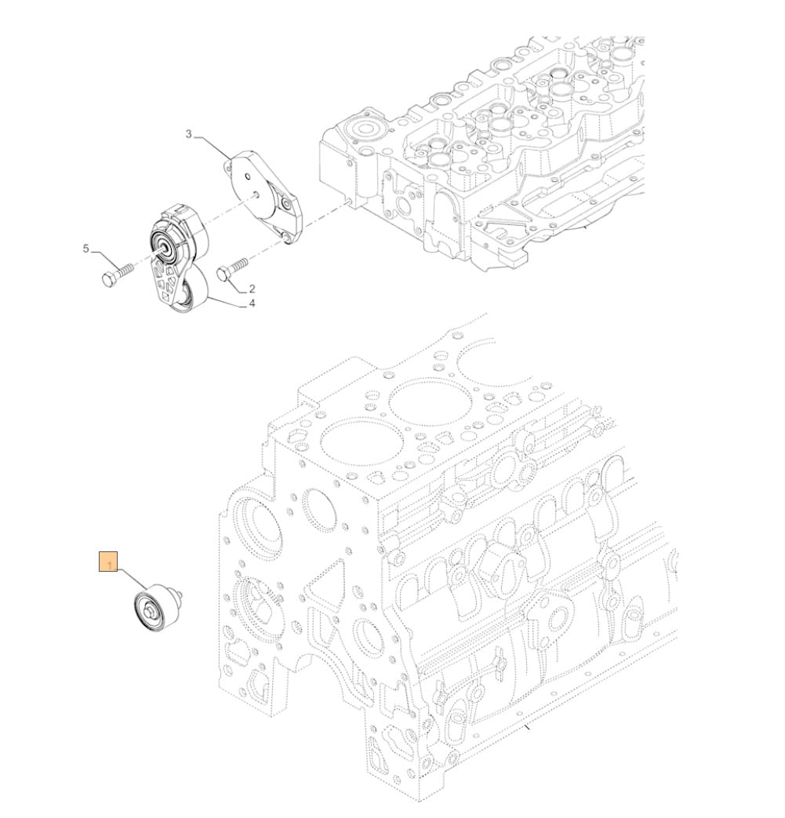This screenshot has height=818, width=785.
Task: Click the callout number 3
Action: click(x=189, y=134)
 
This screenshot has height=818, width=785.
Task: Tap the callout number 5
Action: click(x=86, y=249)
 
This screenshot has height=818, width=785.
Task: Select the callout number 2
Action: click(x=252, y=288)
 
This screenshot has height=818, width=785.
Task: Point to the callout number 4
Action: click(x=252, y=303)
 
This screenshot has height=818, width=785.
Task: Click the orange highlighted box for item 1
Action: click(x=108, y=561)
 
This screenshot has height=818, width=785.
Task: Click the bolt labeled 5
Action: click(x=118, y=274)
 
